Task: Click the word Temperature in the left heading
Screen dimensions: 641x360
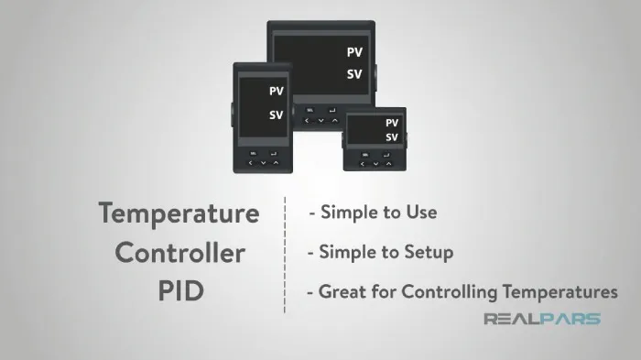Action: (179, 214)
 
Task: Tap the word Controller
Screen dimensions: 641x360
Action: (180, 253)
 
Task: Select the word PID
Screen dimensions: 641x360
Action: (181, 291)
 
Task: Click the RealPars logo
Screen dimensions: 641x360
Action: (542, 319)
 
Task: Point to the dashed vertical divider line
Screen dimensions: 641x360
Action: (285, 255)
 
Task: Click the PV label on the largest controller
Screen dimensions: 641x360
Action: (354, 52)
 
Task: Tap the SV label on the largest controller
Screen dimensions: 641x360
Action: (354, 74)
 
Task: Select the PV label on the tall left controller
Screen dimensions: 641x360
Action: (277, 91)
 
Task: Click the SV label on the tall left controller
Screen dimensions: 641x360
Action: (277, 115)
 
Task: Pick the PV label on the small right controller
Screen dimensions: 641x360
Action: (392, 123)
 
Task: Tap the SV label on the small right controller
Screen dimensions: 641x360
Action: (392, 137)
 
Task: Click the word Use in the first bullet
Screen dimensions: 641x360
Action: (421, 212)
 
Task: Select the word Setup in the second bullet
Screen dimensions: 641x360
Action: (429, 253)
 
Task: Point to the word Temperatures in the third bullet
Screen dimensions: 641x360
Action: (560, 292)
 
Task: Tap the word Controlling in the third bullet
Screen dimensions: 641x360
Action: (450, 292)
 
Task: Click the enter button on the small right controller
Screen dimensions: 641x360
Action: (386, 155)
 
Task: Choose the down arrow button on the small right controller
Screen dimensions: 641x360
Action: (375, 164)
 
